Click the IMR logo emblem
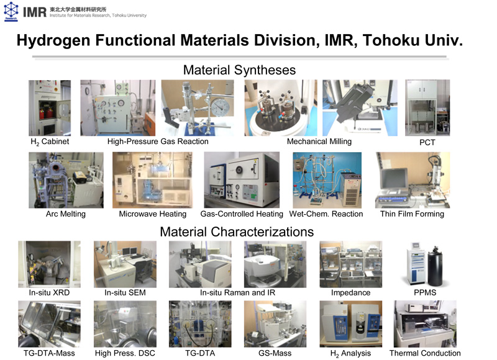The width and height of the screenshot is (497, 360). (x=11, y=11)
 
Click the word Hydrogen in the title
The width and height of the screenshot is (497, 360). (x=53, y=40)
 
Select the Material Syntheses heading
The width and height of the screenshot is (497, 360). (x=239, y=70)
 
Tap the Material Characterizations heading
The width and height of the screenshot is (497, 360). (x=237, y=232)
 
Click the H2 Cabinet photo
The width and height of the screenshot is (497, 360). (x=50, y=108)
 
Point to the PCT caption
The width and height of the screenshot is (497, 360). (x=427, y=143)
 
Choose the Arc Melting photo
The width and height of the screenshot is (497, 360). (x=66, y=180)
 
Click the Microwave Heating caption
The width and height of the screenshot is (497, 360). (x=152, y=214)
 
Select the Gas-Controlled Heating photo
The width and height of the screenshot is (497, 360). (x=242, y=180)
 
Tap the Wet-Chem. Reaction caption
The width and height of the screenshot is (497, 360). (x=326, y=214)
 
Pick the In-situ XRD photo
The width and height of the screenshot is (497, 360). (x=49, y=264)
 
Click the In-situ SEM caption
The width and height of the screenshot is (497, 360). (x=125, y=292)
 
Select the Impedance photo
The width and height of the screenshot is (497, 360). (x=351, y=264)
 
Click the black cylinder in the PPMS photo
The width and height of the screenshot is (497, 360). (x=435, y=266)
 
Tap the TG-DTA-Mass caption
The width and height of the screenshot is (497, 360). (x=49, y=353)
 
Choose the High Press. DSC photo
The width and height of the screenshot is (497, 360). (x=125, y=324)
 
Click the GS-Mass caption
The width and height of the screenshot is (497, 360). (x=275, y=353)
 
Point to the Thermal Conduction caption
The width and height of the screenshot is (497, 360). (x=425, y=353)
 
